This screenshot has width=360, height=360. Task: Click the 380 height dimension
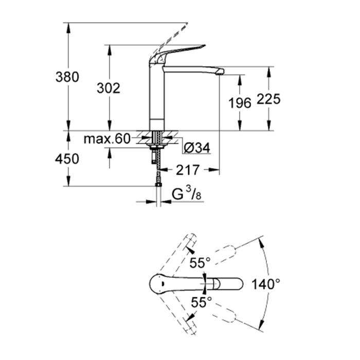pyautogui.click(x=68, y=77)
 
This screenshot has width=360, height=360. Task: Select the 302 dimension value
pyautogui.click(x=109, y=88)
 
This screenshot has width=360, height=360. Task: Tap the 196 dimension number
pyautogui.click(x=240, y=103)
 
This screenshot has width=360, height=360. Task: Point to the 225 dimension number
pyautogui.click(x=268, y=99)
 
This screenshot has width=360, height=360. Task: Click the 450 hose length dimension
pyautogui.click(x=68, y=159)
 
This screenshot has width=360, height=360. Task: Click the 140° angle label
pyautogui.click(x=266, y=282)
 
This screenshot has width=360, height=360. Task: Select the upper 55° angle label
pyautogui.click(x=200, y=263)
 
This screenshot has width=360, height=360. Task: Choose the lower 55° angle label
pyautogui.click(x=200, y=302)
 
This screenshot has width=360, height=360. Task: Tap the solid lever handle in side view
pyautogui.click(x=180, y=51)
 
